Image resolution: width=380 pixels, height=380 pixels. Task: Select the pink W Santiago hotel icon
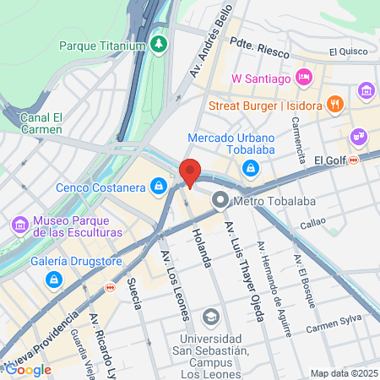304,79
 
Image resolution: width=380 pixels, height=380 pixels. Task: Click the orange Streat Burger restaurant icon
335,105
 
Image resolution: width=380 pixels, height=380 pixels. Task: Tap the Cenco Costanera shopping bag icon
158,185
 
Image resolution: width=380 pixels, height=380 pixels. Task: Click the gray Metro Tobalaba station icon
220,199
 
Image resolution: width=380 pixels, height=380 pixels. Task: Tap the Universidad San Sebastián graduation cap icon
210,318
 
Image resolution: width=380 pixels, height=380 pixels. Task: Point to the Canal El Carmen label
41,123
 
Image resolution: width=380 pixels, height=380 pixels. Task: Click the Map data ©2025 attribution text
343,373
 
